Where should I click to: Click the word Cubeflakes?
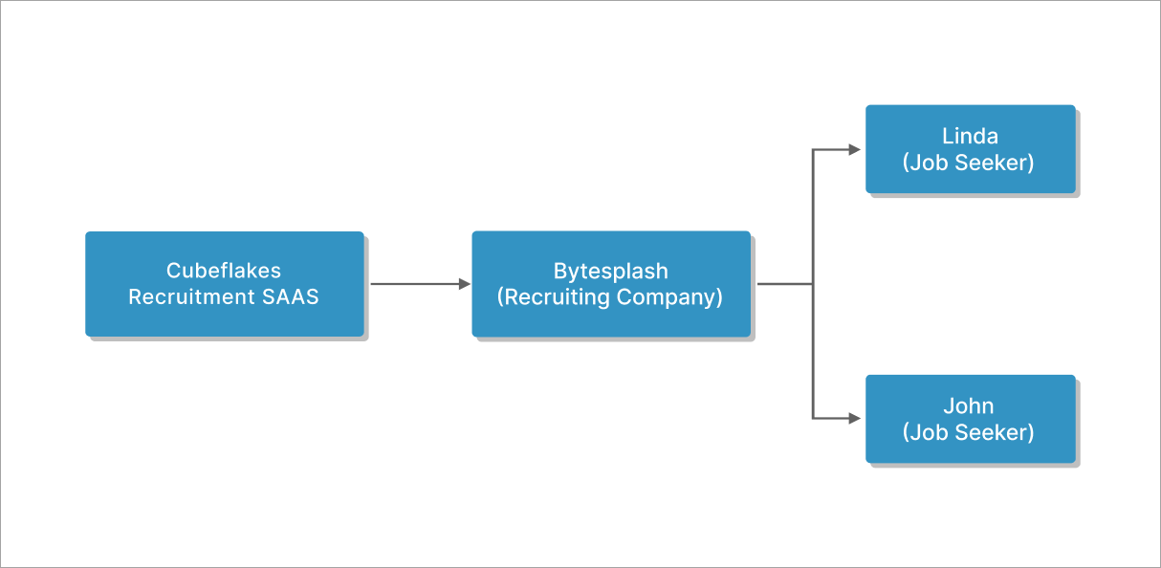point(224,271)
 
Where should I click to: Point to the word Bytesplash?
point(610,271)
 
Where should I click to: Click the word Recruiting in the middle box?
point(555,297)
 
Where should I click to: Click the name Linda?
point(970,137)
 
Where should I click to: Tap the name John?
point(970,406)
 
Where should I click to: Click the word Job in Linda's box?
point(926,163)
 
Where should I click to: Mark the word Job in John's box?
point(926,432)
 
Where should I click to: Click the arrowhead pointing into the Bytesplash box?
point(465,284)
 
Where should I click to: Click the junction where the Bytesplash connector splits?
point(813,284)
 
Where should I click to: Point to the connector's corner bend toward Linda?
point(813,149)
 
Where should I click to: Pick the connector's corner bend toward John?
point(813,419)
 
